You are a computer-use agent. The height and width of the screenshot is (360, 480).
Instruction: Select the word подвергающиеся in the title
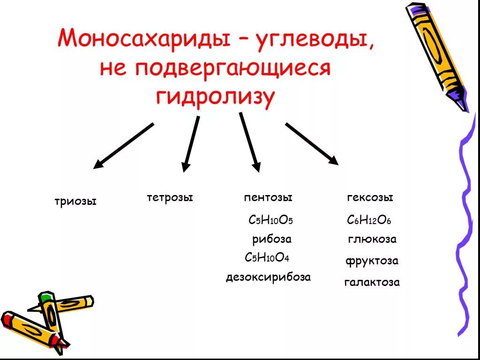click(233, 68)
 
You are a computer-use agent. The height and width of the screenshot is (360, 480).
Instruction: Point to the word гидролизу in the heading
click(215, 97)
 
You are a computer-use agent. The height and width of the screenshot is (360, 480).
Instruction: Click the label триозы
click(75, 202)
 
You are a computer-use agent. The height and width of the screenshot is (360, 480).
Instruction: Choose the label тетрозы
click(170, 197)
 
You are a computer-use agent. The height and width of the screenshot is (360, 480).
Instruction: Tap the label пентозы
click(268, 197)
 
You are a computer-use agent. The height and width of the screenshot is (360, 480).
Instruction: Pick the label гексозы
click(370, 197)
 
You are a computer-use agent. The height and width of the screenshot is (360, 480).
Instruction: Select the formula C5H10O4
click(267, 257)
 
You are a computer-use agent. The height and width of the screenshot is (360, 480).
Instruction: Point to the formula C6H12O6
click(369, 220)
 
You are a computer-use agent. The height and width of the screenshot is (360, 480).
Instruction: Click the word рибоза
click(272, 239)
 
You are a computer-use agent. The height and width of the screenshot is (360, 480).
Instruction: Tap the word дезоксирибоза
click(268, 277)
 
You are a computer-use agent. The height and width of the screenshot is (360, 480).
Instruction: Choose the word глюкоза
click(372, 239)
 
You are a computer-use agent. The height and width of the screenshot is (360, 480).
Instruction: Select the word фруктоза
click(372, 261)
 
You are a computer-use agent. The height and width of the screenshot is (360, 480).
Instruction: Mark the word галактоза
click(372, 282)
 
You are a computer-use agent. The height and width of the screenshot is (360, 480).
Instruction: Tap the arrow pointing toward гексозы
click(312, 143)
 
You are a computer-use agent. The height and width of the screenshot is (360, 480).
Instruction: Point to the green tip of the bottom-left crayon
click(45, 297)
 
